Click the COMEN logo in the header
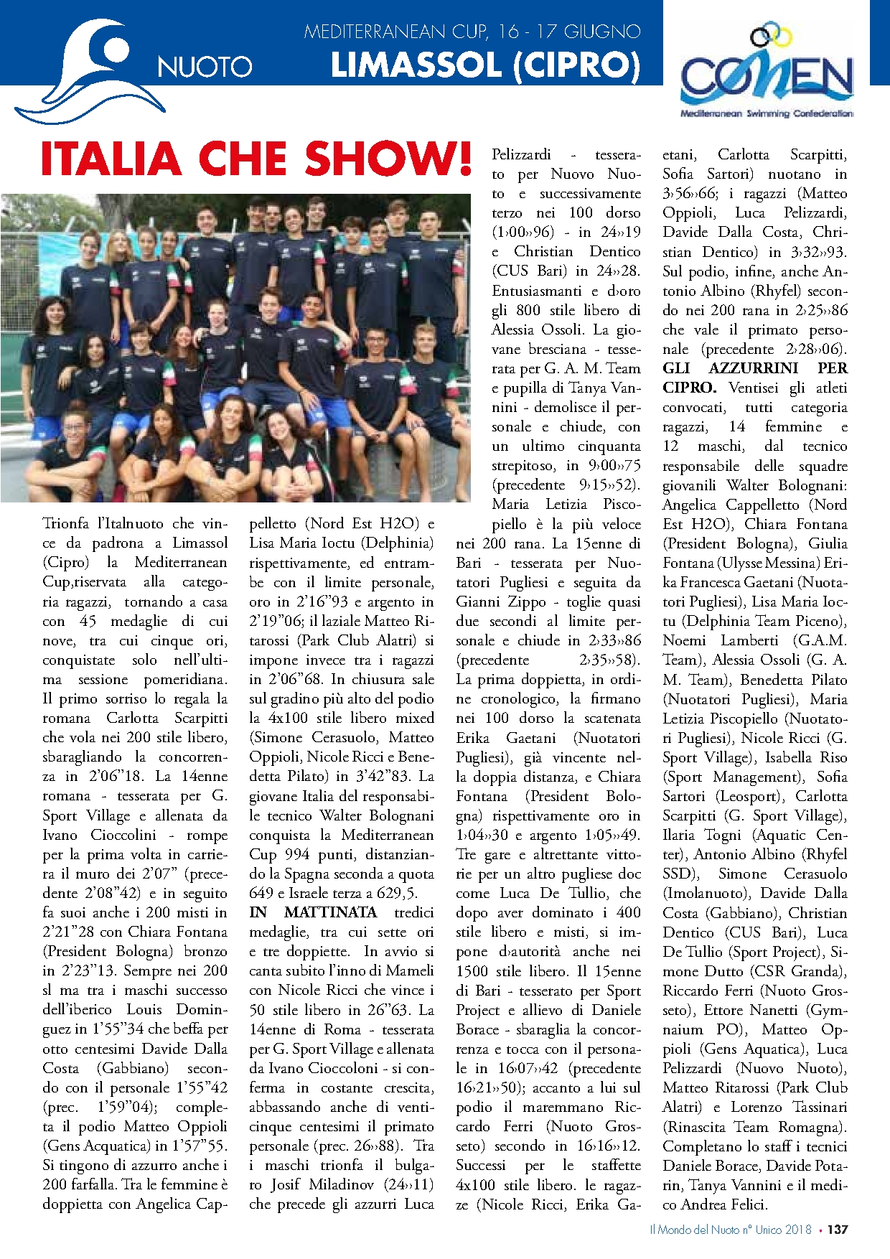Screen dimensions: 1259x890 pos(767,72)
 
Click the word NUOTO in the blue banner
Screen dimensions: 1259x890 pos(205,67)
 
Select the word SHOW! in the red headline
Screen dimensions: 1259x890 pos(388,158)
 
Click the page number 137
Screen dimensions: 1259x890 pos(837,1230)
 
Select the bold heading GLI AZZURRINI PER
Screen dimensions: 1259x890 pos(754,368)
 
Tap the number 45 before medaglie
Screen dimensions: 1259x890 pos(88,621)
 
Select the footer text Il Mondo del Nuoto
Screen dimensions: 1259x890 pos(693,1230)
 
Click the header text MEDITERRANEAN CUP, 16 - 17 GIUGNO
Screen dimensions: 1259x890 pos(472,32)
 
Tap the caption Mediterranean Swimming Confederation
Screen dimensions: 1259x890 pos(767,113)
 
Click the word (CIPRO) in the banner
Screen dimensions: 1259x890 pos(576,65)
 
